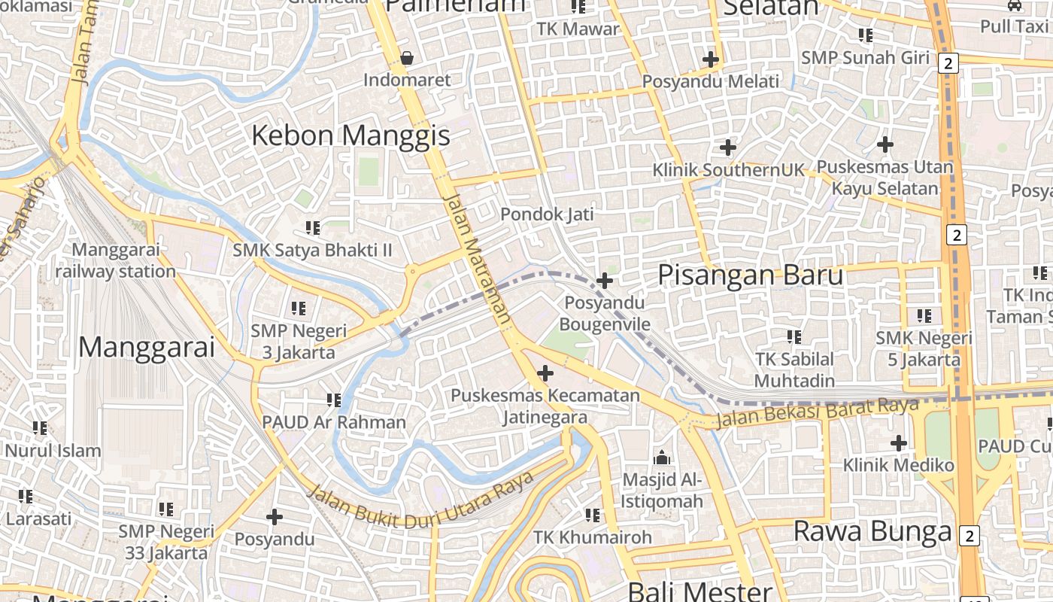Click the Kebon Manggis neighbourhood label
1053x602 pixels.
(350, 136)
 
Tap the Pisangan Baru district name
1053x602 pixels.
(751, 275)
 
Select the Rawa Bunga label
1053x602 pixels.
(872, 531)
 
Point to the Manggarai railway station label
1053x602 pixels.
(115, 260)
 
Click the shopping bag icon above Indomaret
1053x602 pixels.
(407, 58)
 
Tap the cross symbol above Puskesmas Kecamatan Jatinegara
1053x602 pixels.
(545, 373)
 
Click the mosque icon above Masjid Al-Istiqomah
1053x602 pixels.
(662, 457)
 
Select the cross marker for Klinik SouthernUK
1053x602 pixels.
(727, 147)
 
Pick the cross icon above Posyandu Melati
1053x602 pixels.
(711, 59)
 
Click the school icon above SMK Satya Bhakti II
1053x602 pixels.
(313, 227)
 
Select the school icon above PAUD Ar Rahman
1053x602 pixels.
(334, 400)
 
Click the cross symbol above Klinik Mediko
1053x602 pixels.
(898, 443)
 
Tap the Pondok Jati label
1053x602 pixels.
(547, 214)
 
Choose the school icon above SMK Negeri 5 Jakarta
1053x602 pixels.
(924, 316)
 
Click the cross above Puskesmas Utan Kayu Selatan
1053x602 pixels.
(885, 144)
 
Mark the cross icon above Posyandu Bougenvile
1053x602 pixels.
(604, 281)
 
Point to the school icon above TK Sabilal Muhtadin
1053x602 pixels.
(794, 336)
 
